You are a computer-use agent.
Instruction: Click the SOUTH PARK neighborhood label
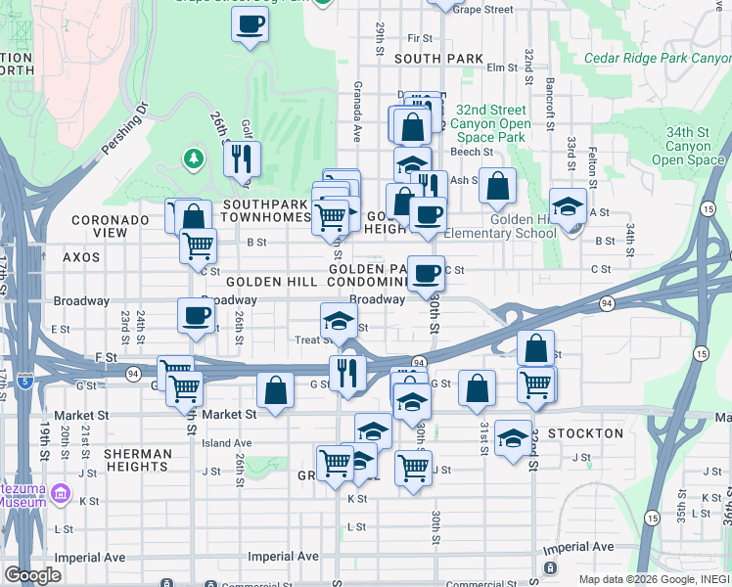pyautogui.click(x=438, y=59)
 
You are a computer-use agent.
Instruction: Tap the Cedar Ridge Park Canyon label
pyautogui.click(x=658, y=58)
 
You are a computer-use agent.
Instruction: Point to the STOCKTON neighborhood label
pyautogui.click(x=586, y=433)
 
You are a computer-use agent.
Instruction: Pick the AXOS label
pyautogui.click(x=82, y=256)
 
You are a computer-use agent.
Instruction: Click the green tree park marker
pyautogui.click(x=194, y=158)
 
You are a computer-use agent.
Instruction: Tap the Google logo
pyautogui.click(x=32, y=575)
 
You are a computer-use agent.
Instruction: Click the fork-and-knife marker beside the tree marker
pyautogui.click(x=242, y=158)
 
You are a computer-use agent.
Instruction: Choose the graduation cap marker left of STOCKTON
pyautogui.click(x=513, y=438)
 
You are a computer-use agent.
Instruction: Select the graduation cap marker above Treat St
pyautogui.click(x=339, y=320)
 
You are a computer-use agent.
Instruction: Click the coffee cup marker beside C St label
pyautogui.click(x=425, y=274)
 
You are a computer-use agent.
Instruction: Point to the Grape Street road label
pyautogui.click(x=482, y=9)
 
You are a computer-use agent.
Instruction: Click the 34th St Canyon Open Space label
pyautogui.click(x=687, y=146)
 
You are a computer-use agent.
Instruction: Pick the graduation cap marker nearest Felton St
pyautogui.click(x=568, y=206)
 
